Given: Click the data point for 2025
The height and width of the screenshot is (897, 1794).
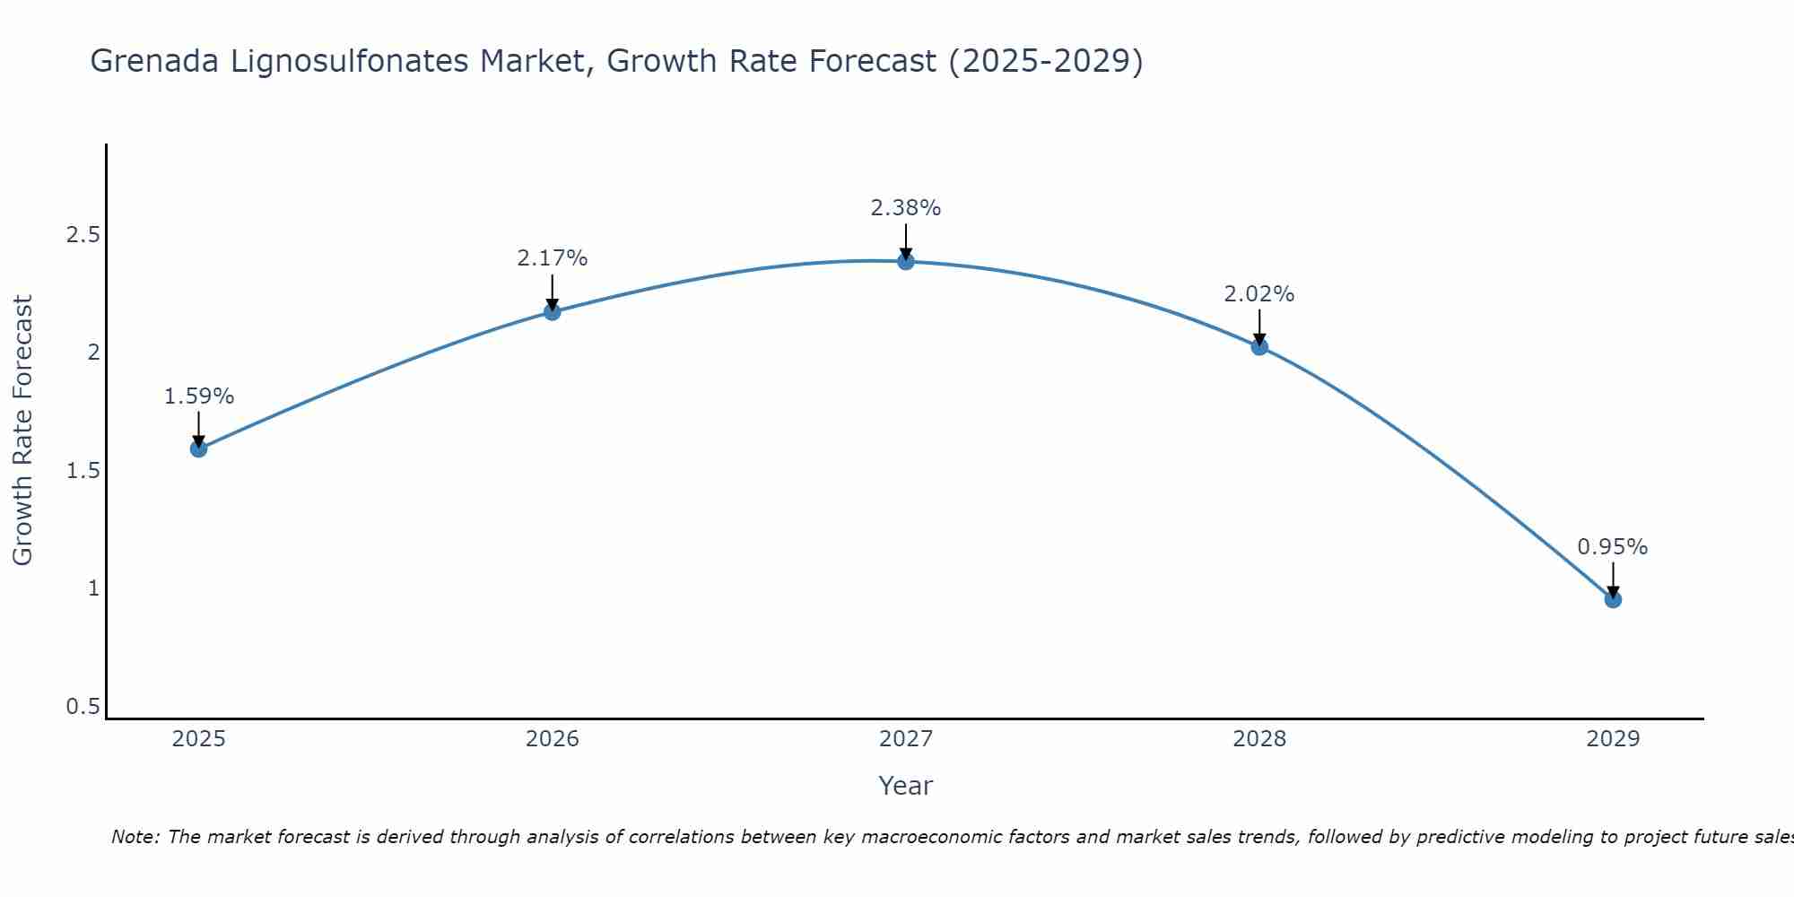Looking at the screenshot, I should click(199, 448).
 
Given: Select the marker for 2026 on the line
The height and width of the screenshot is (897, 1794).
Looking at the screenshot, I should click(553, 311).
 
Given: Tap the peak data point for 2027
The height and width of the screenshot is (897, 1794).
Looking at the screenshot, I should click(906, 261).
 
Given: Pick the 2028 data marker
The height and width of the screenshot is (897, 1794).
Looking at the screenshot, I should click(1259, 346).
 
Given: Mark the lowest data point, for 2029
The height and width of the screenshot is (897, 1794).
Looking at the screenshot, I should click(1613, 599).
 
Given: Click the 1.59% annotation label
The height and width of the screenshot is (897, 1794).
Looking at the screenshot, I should click(199, 396).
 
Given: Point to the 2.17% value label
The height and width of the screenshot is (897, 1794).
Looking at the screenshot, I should click(553, 258).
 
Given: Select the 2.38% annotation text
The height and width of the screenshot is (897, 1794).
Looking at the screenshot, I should click(906, 208).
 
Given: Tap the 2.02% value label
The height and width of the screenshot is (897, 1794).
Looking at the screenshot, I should click(1259, 294).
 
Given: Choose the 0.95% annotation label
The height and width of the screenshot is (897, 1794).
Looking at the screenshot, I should click(1613, 547).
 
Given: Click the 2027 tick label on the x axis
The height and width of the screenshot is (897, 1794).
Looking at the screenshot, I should click(906, 739).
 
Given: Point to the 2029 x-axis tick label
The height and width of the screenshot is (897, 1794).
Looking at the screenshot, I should click(1613, 739).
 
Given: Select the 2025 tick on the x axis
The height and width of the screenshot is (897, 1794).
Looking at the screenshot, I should click(199, 739).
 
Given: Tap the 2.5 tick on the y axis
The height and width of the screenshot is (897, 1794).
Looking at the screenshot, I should click(83, 235).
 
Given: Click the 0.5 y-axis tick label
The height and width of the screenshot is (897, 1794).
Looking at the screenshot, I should click(83, 707).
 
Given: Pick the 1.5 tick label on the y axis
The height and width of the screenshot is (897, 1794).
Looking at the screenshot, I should click(83, 471).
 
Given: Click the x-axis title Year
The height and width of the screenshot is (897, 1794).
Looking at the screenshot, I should click(906, 786).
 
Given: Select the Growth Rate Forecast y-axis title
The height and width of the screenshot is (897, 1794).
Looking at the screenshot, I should click(23, 431).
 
